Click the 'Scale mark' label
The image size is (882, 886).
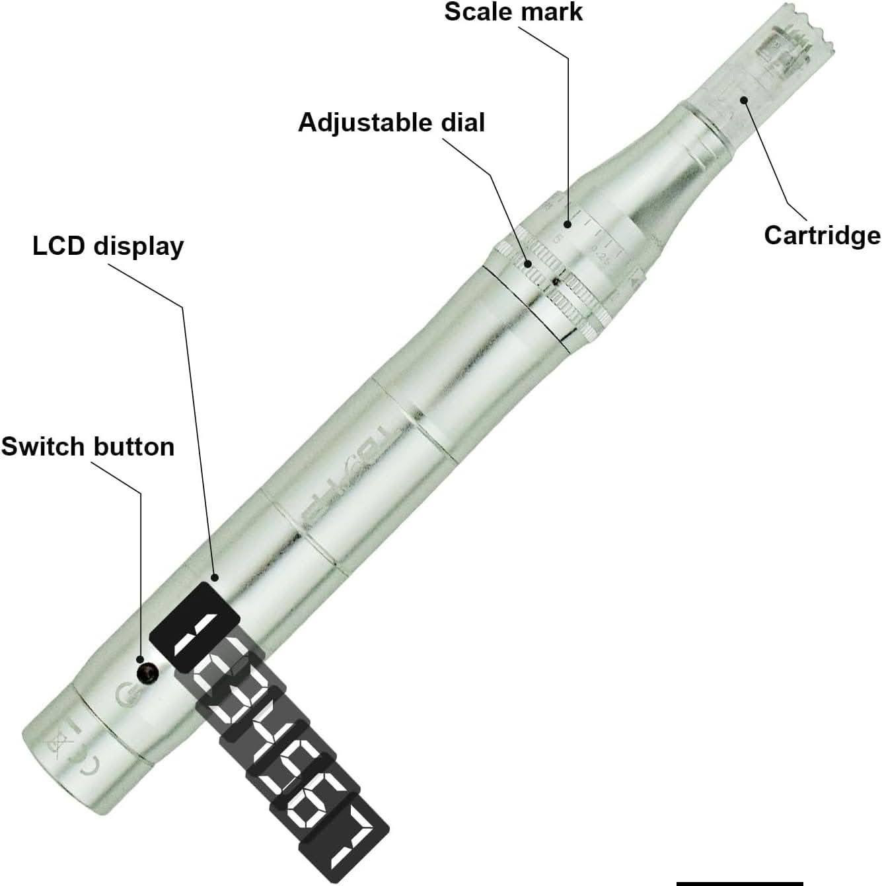click(x=513, y=12)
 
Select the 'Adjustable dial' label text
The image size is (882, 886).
click(x=391, y=123)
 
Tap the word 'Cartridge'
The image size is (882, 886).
click(x=822, y=235)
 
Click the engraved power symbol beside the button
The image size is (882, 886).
click(x=124, y=695)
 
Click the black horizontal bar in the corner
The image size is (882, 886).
click(x=739, y=881)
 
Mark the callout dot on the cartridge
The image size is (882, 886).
click(x=744, y=100)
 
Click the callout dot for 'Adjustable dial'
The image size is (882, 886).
click(x=529, y=264)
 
